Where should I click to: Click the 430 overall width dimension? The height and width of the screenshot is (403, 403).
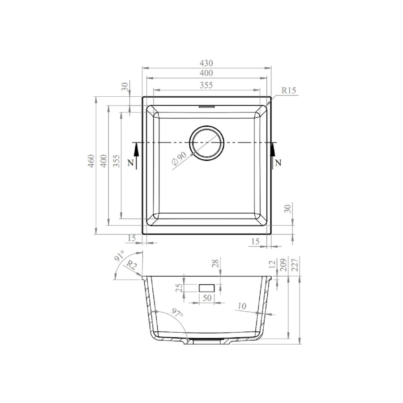pyautogui.click(x=206, y=63)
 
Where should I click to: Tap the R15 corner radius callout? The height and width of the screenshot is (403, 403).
pyautogui.click(x=289, y=91)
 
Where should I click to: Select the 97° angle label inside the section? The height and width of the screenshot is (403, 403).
pyautogui.click(x=177, y=313)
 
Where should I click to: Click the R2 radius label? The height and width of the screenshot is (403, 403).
pyautogui.click(x=131, y=266)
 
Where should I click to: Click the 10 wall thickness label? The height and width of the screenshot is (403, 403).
pyautogui.click(x=242, y=306)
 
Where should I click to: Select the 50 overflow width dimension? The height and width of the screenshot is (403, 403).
pyautogui.click(x=206, y=298)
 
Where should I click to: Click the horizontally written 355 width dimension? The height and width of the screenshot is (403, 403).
pyautogui.click(x=206, y=85)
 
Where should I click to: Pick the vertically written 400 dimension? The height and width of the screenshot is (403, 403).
pyautogui.click(x=103, y=161)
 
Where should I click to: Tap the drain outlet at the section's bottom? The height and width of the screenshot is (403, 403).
pyautogui.click(x=206, y=342)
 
